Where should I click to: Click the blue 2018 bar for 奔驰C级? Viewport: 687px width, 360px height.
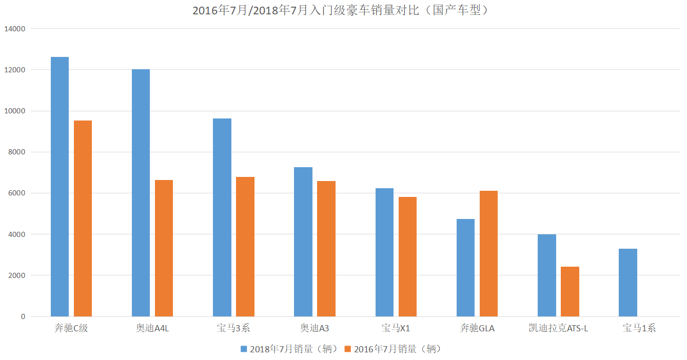(60, 187)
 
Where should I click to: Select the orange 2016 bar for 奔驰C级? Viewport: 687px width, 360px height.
(83, 218)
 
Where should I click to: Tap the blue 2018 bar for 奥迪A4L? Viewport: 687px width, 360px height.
(141, 193)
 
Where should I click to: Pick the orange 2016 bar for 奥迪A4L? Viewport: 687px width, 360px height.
(164, 248)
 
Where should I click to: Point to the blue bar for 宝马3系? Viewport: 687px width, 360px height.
(222, 217)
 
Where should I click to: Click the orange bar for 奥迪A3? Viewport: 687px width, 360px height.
(326, 249)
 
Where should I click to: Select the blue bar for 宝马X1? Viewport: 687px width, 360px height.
(384, 252)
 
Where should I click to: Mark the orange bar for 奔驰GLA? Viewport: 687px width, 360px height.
(488, 253)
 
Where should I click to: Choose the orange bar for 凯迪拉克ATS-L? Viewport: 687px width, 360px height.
(570, 291)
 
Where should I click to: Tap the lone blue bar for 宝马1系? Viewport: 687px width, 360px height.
(627, 283)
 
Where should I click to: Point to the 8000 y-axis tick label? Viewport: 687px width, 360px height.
(16, 152)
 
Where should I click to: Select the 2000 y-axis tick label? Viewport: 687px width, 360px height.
(16, 275)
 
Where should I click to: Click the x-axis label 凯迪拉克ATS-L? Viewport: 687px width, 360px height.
(558, 328)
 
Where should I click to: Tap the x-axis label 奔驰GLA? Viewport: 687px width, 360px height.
(477, 328)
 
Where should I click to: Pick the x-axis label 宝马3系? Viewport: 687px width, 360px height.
(233, 328)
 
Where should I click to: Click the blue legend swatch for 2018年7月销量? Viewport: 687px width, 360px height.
(244, 349)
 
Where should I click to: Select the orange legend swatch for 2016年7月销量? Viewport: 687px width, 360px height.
(348, 349)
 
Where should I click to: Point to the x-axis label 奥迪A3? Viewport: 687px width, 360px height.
(315, 328)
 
